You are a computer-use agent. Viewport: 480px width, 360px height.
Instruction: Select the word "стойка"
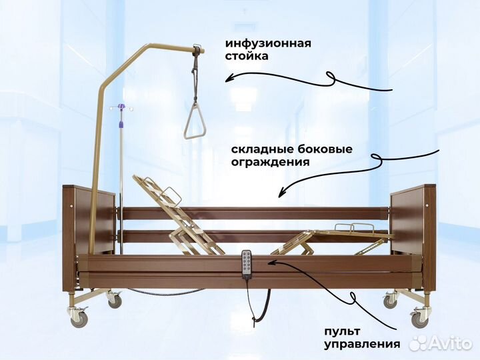[x=247, y=57]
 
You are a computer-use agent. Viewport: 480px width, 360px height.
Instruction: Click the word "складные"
[x=259, y=149]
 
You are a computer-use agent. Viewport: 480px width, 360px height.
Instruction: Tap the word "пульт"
[x=342, y=331]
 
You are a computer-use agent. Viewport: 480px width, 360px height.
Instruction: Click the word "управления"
[x=362, y=345]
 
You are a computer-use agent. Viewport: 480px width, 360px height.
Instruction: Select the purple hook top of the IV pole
[x=121, y=107]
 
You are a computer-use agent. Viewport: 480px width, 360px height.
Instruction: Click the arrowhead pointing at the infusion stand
[x=228, y=79]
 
